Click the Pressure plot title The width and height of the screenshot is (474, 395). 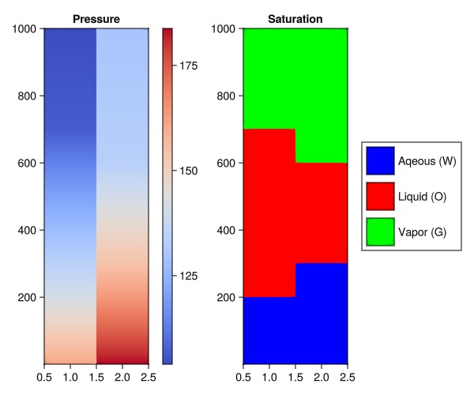pyautogui.click(x=96, y=19)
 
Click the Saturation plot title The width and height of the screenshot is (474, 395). pyautogui.click(x=295, y=19)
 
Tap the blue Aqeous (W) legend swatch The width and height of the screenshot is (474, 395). pyautogui.click(x=380, y=161)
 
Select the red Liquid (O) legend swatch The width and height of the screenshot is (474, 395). pyautogui.click(x=380, y=196)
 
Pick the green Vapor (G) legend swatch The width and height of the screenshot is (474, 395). pyautogui.click(x=380, y=231)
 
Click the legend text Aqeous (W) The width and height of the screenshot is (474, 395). pyautogui.click(x=427, y=161)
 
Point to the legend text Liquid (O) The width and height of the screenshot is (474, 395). pyautogui.click(x=423, y=196)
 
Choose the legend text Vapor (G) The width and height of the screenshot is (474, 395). pyautogui.click(x=423, y=231)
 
